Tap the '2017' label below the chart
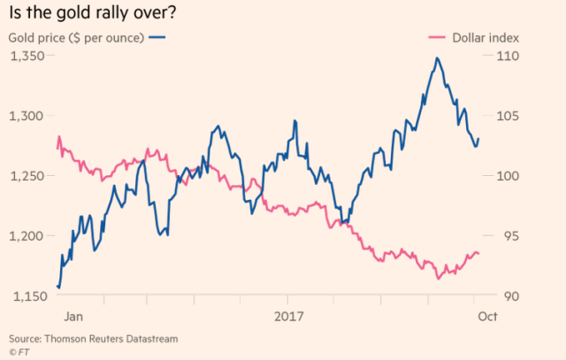tap(289, 316)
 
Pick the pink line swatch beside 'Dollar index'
tap(435, 38)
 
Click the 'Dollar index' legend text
tap(485, 38)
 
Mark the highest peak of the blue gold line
tap(437, 58)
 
